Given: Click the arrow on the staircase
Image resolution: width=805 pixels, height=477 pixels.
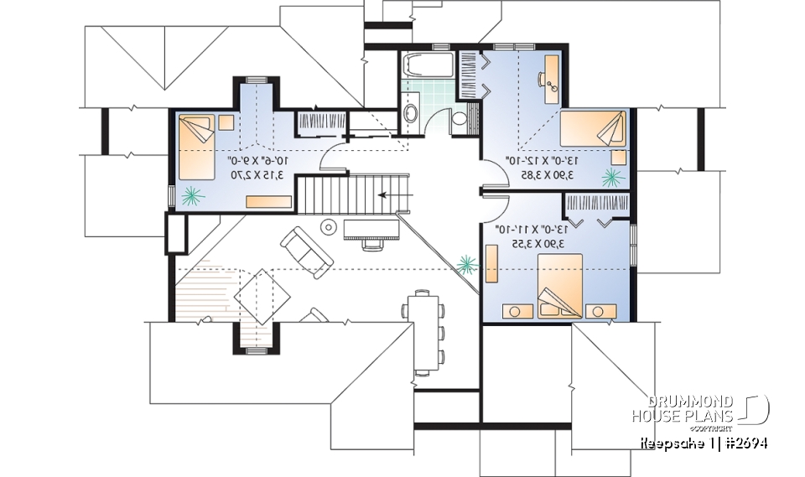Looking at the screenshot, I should coord(388,194).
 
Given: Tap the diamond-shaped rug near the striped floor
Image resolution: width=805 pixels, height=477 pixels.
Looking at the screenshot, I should coord(262,297).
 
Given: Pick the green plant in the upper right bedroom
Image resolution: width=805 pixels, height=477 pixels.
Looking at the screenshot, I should coord(612,177).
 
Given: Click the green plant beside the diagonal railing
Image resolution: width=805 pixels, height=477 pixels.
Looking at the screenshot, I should coord(466,266).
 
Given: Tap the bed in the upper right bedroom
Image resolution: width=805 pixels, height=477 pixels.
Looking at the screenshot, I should coord(592,130).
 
